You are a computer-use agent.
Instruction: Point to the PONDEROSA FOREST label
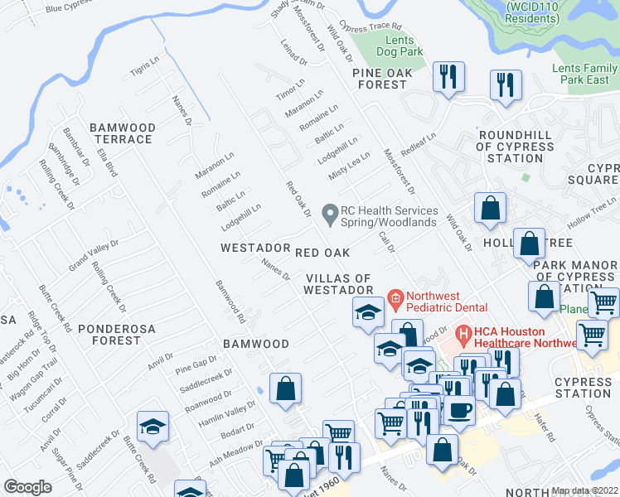click(x=109, y=334)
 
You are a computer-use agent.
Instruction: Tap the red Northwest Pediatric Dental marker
click(x=396, y=297)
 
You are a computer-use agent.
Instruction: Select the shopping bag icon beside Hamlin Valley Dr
click(x=285, y=388)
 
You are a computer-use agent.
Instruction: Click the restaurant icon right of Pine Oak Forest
click(x=448, y=76)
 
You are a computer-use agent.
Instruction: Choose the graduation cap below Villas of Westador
click(x=367, y=311)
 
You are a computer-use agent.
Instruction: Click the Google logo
click(x=27, y=486)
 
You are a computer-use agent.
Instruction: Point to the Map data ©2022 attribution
click(x=584, y=490)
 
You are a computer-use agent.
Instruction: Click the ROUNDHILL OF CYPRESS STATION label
click(x=516, y=147)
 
